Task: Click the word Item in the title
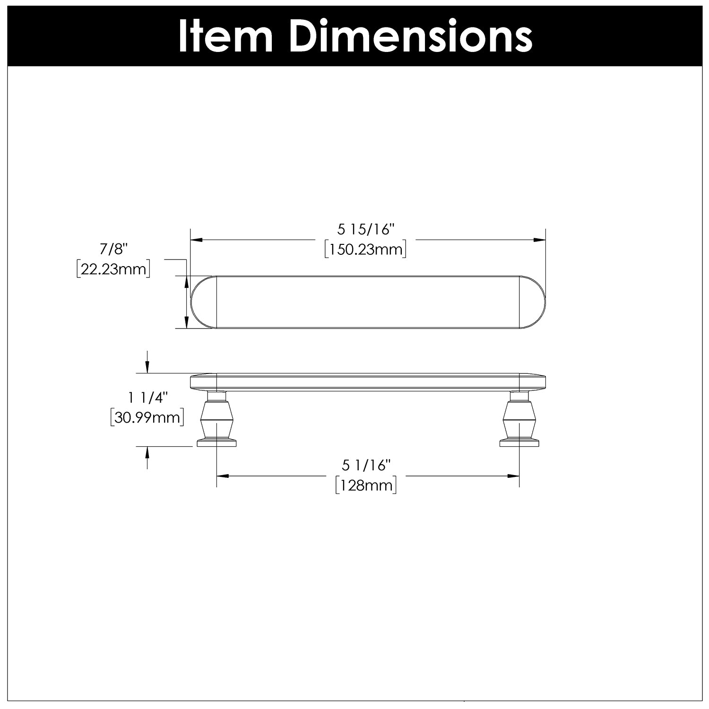(225, 36)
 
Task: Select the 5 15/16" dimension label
(366, 230)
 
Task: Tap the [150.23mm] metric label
(366, 249)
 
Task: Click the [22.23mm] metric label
(113, 269)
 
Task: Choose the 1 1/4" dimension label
(147, 398)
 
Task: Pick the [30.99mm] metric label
(147, 418)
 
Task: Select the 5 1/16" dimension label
(366, 466)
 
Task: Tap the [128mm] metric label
(366, 485)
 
